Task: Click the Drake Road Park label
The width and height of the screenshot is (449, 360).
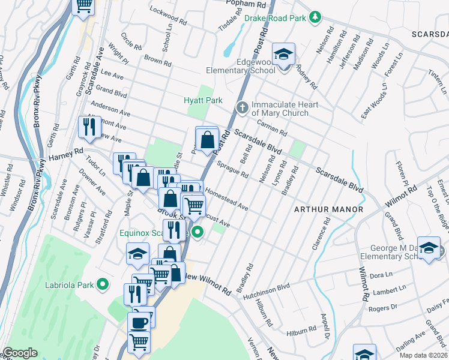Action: coord(276,18)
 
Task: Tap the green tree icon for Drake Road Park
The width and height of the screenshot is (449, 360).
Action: coord(314,17)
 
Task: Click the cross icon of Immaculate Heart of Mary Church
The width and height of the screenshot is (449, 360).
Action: coord(242,108)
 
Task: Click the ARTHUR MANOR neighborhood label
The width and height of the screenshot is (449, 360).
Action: coord(328,209)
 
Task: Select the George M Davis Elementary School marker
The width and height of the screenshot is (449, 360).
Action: coord(429,248)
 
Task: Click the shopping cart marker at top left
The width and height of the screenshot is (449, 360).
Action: coord(83,6)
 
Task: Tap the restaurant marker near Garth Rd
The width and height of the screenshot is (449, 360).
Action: coord(88,127)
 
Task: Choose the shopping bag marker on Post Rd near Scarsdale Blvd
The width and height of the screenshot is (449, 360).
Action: coord(207,140)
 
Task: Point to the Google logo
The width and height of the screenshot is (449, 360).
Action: coord(20,353)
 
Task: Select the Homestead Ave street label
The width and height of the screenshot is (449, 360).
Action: coord(226,200)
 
